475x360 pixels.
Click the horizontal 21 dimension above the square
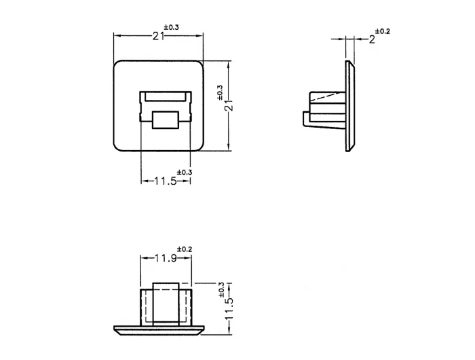tap(158, 36)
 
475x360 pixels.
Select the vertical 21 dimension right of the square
tap(230, 106)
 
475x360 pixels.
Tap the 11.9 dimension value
tap(166, 258)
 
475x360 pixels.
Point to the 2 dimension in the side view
tap(372, 39)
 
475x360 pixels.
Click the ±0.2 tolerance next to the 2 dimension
tap(383, 31)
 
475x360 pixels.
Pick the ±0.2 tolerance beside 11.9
tap(185, 249)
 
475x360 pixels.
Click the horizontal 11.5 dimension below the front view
tap(166, 181)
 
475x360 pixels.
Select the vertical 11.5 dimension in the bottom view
tap(229, 308)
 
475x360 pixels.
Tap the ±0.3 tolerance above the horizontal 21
tap(172, 27)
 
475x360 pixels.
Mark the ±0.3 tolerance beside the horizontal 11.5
tap(185, 173)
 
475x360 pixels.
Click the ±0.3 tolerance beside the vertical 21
tap(220, 92)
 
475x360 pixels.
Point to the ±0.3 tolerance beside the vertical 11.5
tap(221, 289)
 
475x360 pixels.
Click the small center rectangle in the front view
tap(166, 120)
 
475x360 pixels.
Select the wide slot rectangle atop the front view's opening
tap(166, 96)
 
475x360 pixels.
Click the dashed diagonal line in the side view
tap(328, 96)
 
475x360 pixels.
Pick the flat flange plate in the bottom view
tap(159, 331)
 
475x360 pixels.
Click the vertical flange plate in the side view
tap(350, 106)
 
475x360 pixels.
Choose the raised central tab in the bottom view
tap(166, 304)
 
